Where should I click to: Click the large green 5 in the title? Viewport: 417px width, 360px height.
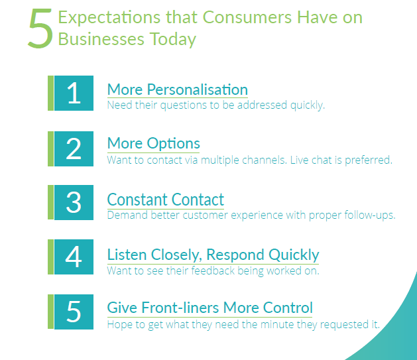pyautogui.click(x=40, y=29)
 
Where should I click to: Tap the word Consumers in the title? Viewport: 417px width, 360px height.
pyautogui.click(x=247, y=17)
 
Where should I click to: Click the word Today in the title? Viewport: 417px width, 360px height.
pyautogui.click(x=173, y=40)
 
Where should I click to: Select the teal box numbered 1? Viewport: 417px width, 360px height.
pyautogui.click(x=74, y=93)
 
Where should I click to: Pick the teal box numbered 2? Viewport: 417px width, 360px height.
pyautogui.click(x=74, y=149)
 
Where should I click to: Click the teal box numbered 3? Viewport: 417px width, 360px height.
pyautogui.click(x=74, y=202)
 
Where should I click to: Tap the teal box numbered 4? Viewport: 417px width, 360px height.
pyautogui.click(x=74, y=257)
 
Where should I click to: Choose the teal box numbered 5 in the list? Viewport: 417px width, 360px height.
pyautogui.click(x=74, y=312)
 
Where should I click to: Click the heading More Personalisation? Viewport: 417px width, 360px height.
pyautogui.click(x=178, y=90)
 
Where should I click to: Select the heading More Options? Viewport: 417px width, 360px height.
pyautogui.click(x=153, y=144)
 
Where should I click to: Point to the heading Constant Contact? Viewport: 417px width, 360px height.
pyautogui.click(x=166, y=200)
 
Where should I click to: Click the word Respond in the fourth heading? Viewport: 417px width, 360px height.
pyautogui.click(x=235, y=255)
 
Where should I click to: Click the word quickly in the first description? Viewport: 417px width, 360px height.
pyautogui.click(x=308, y=105)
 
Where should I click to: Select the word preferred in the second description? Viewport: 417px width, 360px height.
pyautogui.click(x=369, y=160)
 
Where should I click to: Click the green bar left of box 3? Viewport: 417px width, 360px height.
pyautogui.click(x=50, y=202)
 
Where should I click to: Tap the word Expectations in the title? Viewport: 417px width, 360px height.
pyautogui.click(x=109, y=17)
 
